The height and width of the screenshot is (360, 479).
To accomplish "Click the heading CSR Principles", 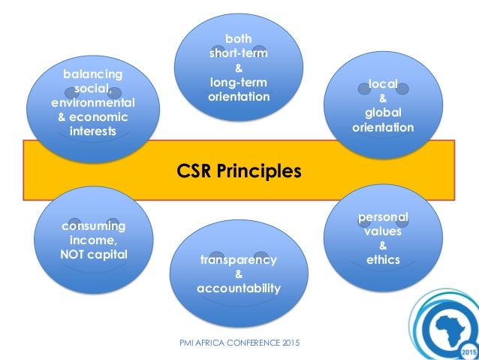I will [x=239, y=171].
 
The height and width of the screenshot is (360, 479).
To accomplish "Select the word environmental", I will [x=93, y=103].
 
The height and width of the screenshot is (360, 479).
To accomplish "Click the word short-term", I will [x=239, y=53].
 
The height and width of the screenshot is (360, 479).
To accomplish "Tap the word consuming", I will [x=93, y=226].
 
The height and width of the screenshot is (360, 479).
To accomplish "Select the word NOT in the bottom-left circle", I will [x=75, y=253].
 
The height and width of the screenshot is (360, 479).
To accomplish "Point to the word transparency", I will [x=239, y=260].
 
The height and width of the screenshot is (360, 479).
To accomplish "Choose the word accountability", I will [x=239, y=289].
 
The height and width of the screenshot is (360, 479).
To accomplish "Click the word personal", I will [x=383, y=217].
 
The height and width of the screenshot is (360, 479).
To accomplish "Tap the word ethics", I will [x=383, y=260].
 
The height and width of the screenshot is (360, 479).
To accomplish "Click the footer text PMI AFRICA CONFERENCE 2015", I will [x=239, y=343].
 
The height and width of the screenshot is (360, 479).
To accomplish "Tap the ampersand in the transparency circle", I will [x=239, y=274].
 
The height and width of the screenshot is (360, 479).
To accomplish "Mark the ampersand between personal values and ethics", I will [x=383, y=246].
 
